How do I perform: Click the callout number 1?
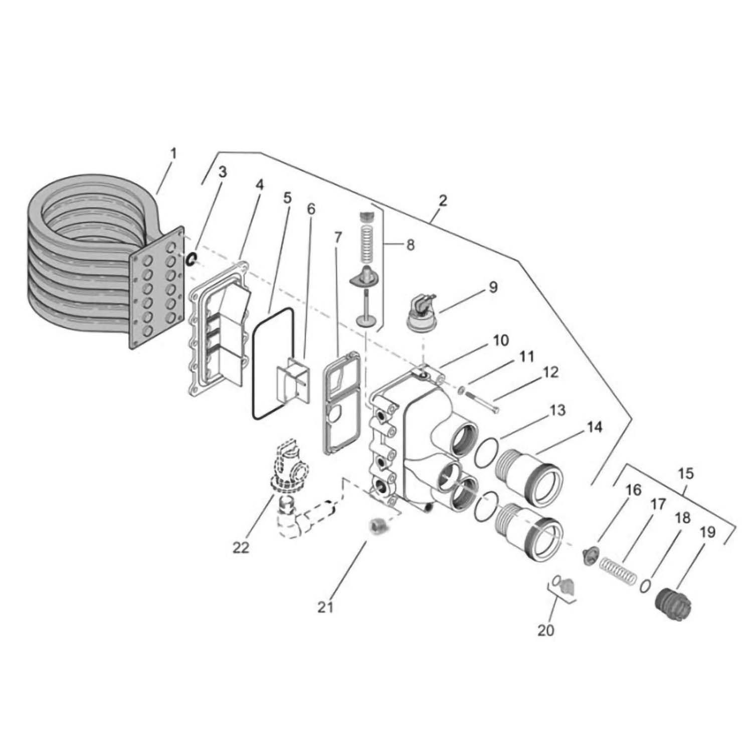pos(172,154)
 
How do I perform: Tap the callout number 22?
pos(241,548)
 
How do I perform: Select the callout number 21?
pos(325,607)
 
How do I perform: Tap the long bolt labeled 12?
pos(481,401)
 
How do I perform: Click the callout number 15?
pos(686,473)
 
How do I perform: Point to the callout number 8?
pos(410,245)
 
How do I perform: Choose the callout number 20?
pos(546,630)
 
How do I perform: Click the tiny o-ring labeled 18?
pos(646,585)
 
